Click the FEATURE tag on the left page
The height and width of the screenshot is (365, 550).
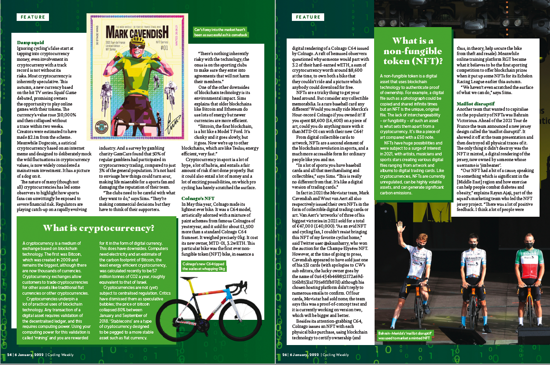(33, 17)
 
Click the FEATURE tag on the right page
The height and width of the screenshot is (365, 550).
(308, 17)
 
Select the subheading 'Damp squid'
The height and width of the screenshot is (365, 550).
(28, 43)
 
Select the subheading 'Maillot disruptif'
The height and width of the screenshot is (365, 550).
(476, 103)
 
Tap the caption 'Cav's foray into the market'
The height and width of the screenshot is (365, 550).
(221, 32)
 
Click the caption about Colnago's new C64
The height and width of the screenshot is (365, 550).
(203, 266)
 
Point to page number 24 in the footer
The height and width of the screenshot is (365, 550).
(10, 354)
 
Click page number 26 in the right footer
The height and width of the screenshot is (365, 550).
(285, 354)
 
